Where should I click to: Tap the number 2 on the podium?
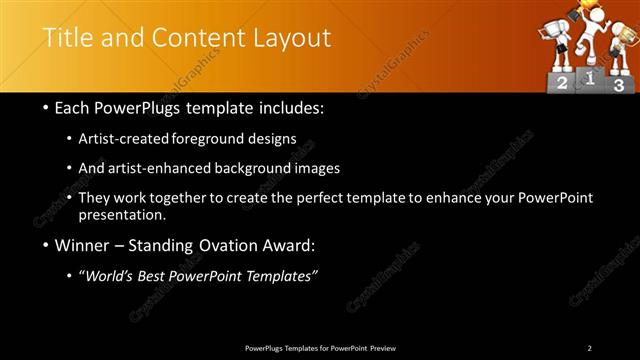562,84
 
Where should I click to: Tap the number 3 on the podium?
619,86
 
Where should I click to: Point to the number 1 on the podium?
591,77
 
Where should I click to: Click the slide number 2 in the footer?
590,347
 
